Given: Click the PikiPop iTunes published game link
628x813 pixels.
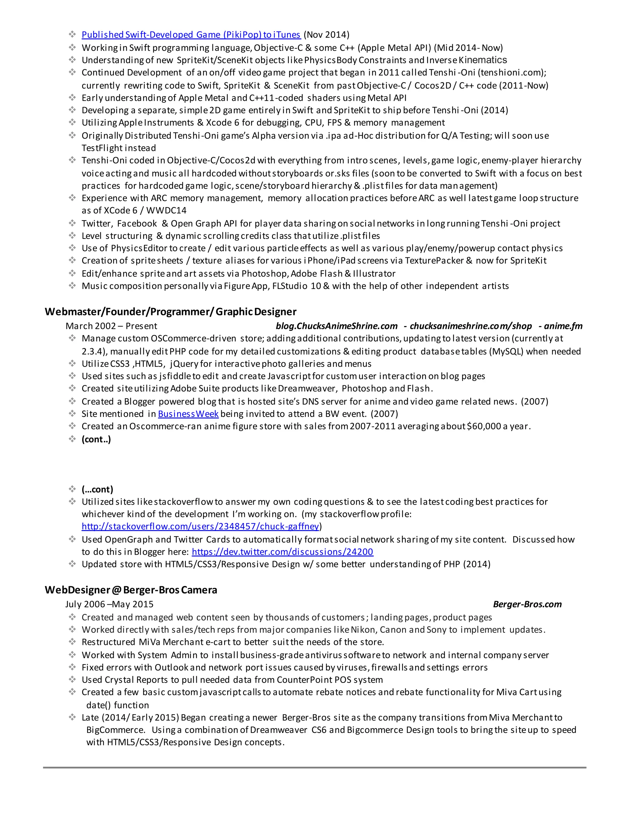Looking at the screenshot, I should pyautogui.click(x=191, y=35).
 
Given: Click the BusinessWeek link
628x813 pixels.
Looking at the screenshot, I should pyautogui.click(x=188, y=414).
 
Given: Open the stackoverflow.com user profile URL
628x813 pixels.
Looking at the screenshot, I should pyautogui.click(x=201, y=526).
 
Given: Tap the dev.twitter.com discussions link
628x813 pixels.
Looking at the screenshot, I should pyautogui.click(x=282, y=552).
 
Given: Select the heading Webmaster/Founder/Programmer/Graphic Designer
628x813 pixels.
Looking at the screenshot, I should pyautogui.click(x=170, y=312).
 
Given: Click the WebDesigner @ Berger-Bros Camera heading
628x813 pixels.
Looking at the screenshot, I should pyautogui.click(x=131, y=590).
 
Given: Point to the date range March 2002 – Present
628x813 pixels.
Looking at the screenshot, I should pyautogui.click(x=111, y=326).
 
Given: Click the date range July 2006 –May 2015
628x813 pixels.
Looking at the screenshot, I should pyautogui.click(x=109, y=604).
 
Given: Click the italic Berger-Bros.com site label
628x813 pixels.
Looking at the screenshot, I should pyautogui.click(x=527, y=604).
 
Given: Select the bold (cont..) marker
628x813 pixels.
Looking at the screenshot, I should pyautogui.click(x=96, y=439).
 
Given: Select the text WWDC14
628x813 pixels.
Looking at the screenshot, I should pyautogui.click(x=166, y=210).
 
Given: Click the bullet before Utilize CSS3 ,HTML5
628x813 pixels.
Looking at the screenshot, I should pyautogui.click(x=72, y=363).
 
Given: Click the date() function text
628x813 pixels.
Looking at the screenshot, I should pyautogui.click(x=117, y=705).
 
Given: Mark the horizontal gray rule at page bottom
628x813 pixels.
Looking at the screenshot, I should pyautogui.click(x=314, y=767).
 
